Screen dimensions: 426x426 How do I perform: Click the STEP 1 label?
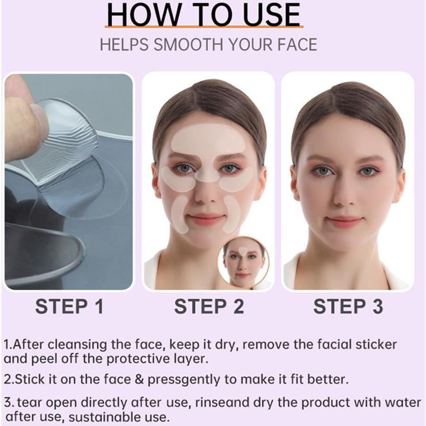click(x=69, y=306)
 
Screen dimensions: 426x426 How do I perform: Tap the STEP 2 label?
click(x=209, y=306)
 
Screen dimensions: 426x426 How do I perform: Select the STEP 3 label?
click(x=348, y=306)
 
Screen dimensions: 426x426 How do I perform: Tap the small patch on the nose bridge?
click(x=207, y=174)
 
